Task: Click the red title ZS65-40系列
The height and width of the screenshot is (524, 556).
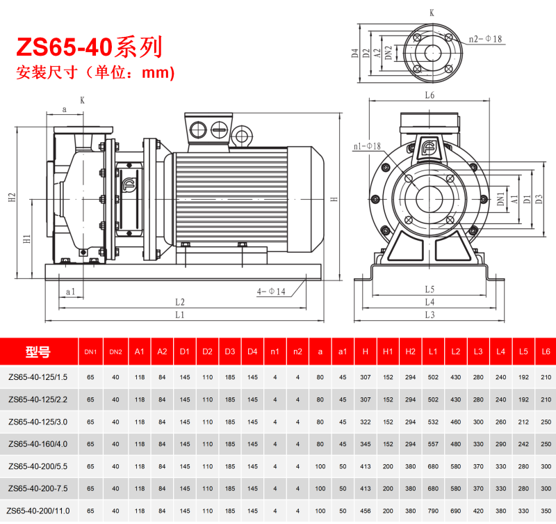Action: click(89, 47)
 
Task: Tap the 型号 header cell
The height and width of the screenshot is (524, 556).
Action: click(38, 351)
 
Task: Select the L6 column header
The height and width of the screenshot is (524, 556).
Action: click(546, 351)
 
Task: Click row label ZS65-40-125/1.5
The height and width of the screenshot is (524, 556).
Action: click(38, 377)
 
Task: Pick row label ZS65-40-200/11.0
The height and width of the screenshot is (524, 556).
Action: click(38, 511)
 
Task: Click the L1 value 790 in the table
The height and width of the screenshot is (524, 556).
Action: click(433, 511)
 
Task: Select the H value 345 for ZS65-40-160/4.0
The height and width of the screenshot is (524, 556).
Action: click(366, 444)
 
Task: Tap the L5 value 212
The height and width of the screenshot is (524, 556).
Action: click(523, 422)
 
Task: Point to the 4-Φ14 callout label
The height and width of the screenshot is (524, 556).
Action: click(271, 292)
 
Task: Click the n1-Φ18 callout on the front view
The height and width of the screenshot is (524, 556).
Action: click(367, 146)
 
